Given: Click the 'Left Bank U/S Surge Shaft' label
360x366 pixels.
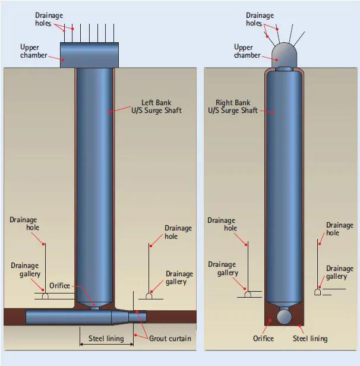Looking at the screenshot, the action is coord(156,106).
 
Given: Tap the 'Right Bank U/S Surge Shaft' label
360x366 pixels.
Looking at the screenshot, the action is coord(233,106).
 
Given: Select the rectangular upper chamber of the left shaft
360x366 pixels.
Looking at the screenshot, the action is coord(89,55).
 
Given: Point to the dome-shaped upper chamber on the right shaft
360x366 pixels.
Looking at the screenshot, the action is coord(284,55).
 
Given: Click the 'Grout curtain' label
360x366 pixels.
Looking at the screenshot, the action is coord(170,339).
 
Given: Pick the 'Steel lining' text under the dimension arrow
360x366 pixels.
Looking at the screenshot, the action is coord(106,339).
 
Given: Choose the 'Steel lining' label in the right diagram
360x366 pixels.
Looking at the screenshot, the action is coord(310,339).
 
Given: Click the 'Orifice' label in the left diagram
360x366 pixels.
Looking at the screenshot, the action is coord(60,285).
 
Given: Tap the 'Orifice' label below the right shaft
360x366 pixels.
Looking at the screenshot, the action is coord(263,339).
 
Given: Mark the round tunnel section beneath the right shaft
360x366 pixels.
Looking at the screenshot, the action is coord(284,316).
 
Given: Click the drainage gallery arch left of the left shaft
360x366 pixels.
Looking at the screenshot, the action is coord(45,296).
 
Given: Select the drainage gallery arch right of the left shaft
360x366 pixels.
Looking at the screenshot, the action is coord(149,296).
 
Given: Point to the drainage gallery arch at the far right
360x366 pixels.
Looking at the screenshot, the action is coord(318,292).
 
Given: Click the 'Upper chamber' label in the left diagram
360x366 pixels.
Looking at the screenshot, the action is coord(34,51).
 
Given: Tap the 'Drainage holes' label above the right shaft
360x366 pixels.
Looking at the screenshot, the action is coord(260,19).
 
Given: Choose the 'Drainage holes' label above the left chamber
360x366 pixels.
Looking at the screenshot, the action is coord(49,19).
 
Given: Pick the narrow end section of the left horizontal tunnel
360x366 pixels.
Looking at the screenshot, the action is coord(137,317).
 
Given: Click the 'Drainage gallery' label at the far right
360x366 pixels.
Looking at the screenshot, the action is coord(339,272).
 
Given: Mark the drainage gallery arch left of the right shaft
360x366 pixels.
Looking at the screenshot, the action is coord(248,294).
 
